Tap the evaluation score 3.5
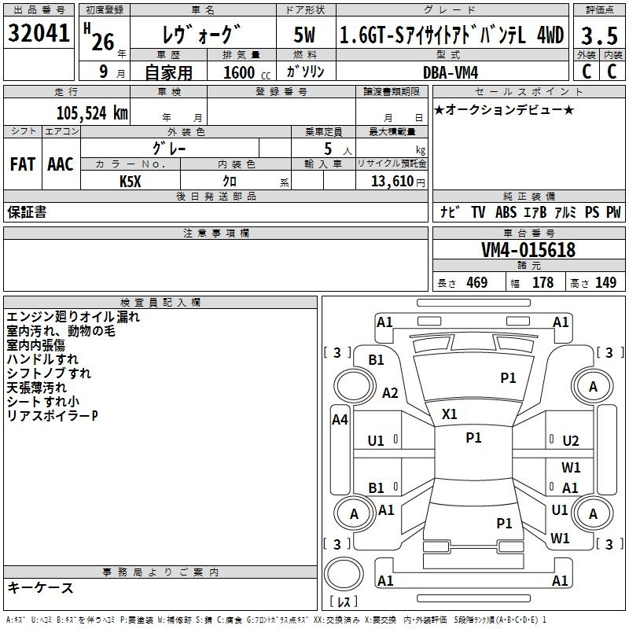coord(597,36)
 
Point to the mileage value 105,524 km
coord(92,113)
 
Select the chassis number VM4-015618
coord(528,251)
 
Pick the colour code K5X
coord(130,181)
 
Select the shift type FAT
coord(23,164)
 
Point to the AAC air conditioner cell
coord(61,164)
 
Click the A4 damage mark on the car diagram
coord(340,420)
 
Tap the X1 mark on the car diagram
coord(450,414)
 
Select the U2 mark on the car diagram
coord(571,441)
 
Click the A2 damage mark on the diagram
coord(390,393)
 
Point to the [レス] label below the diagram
coord(344,603)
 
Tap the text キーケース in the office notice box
coord(41,588)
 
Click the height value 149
coord(605,283)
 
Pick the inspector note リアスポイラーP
coord(52,415)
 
